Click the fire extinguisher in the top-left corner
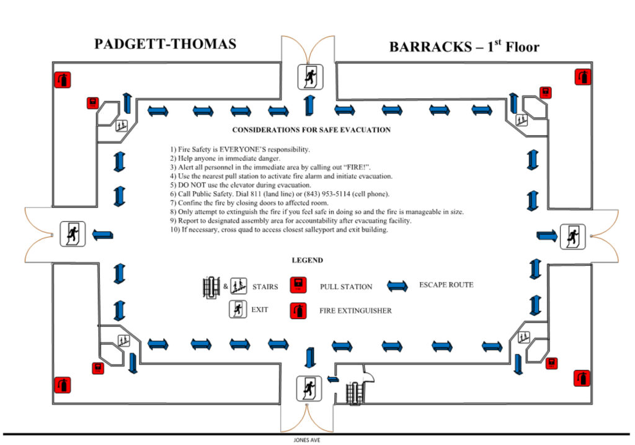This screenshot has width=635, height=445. pos(62,79)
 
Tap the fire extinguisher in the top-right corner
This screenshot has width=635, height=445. pos(582,77)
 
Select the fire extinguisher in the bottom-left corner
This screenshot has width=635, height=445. pos(62,385)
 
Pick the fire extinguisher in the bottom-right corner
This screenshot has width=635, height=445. pos(582,378)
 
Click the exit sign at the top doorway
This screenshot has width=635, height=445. pos(308,76)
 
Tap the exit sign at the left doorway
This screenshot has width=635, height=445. pos(72,233)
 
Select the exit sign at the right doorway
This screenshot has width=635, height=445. pos(572,236)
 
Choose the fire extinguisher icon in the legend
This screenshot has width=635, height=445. pos(299,309)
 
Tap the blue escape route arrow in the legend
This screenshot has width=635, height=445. pos(397,285)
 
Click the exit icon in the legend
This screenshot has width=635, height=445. pos(238,308)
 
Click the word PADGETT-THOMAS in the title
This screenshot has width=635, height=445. pos(165,45)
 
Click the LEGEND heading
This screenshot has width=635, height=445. pos(307,261)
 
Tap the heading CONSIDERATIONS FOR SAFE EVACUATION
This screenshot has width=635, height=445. pos(311,130)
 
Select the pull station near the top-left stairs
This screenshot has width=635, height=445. pos(92,103)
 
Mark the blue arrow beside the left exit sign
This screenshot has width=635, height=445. pos(102,235)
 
